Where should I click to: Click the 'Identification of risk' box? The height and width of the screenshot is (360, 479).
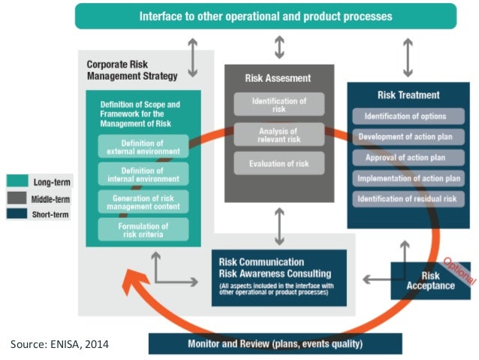tap(279, 104)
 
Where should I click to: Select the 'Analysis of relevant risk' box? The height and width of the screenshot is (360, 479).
tap(279, 134)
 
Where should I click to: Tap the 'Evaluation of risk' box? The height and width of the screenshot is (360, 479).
tap(279, 162)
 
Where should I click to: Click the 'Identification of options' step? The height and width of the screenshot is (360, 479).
tap(406, 116)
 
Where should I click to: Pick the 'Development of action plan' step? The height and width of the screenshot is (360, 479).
tap(406, 137)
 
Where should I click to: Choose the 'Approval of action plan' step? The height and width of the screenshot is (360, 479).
tap(406, 158)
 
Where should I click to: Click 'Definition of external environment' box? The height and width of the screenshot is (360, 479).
tap(143, 147)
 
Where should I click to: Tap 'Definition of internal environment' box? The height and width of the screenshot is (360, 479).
tap(143, 174)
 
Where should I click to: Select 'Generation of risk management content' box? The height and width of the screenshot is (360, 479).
tap(143, 201)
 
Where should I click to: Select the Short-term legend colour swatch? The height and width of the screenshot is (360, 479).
tap(17, 213)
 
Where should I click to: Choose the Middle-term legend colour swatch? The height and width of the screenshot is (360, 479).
tap(17, 197)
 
